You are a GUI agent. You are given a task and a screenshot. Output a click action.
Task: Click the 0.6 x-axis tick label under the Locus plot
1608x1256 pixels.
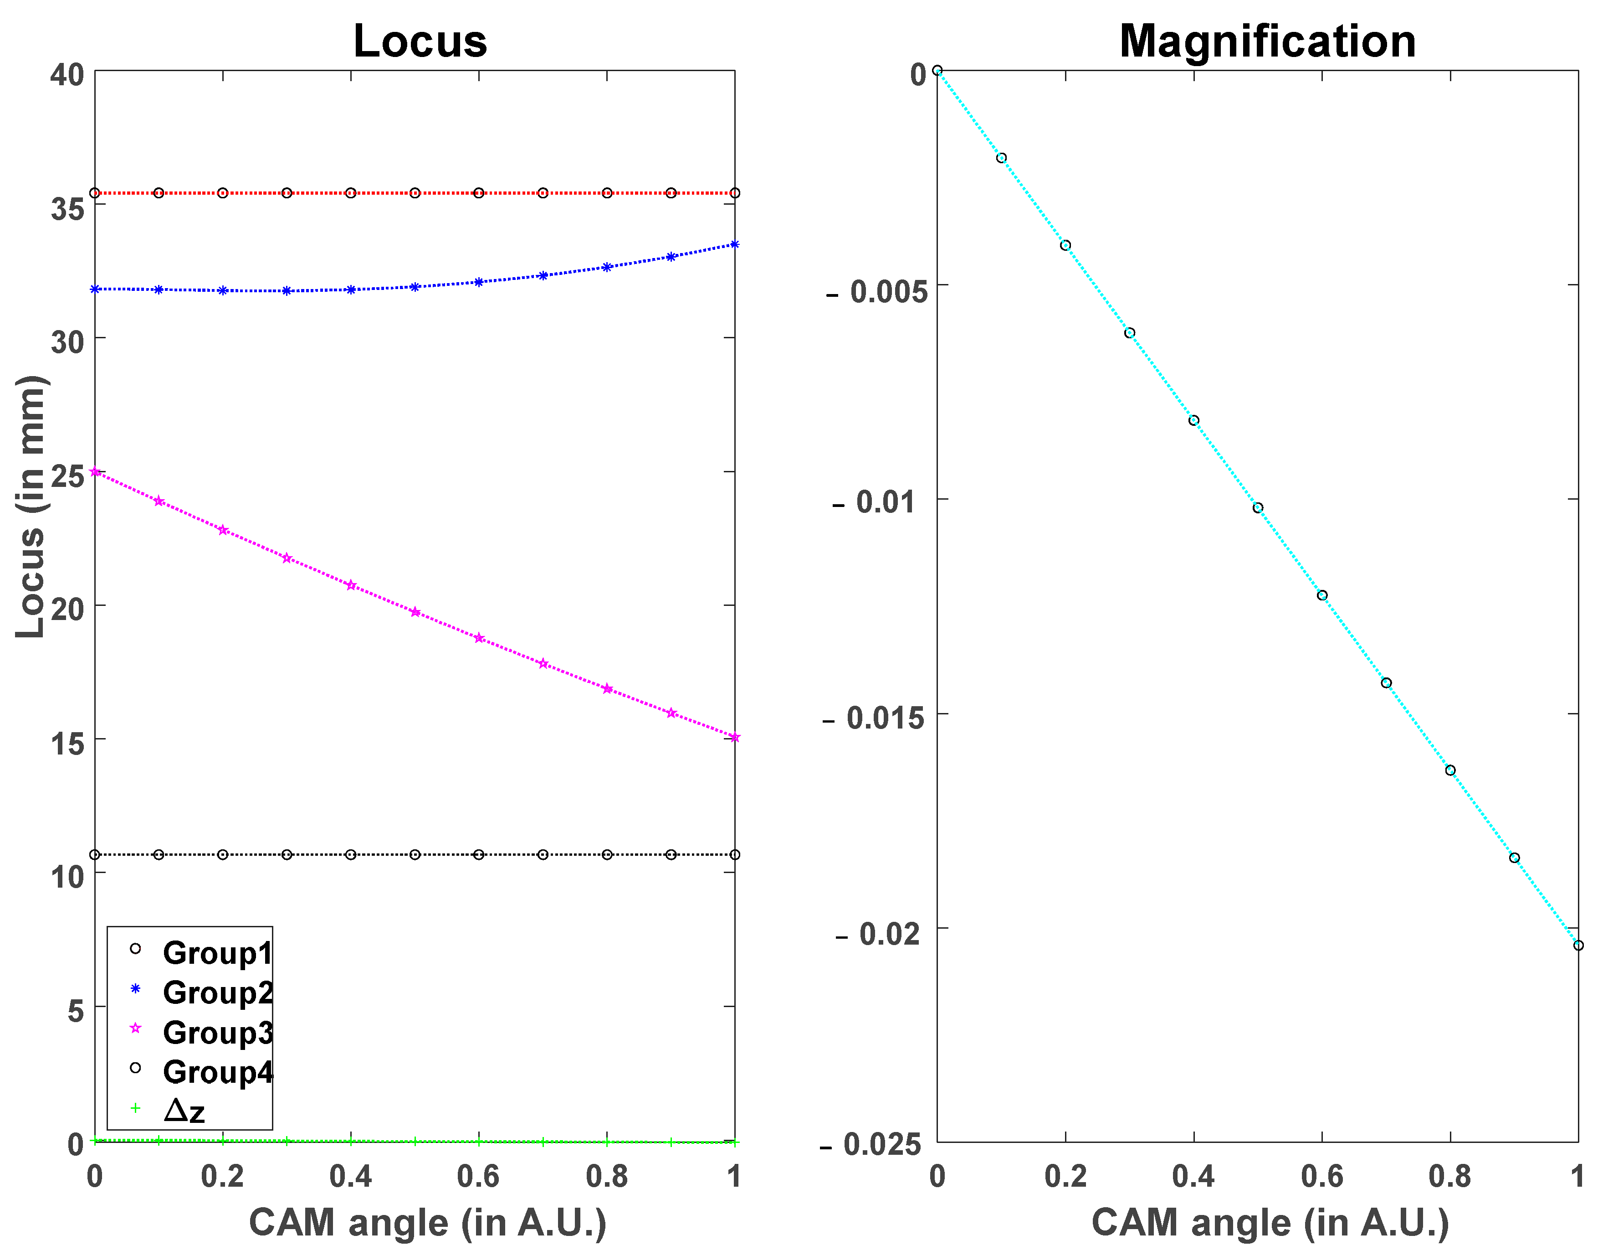point(479,1176)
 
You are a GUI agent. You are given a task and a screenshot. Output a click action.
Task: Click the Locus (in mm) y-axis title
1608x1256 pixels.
point(31,507)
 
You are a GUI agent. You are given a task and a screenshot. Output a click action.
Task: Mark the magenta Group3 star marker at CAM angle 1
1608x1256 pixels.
point(735,737)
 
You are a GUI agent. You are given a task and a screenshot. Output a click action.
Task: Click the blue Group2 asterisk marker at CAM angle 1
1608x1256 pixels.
point(735,244)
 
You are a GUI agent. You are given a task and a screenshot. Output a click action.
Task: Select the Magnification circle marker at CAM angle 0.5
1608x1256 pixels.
point(1258,507)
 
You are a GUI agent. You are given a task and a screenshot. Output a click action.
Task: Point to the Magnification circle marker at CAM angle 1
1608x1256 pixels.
point(1578,945)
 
